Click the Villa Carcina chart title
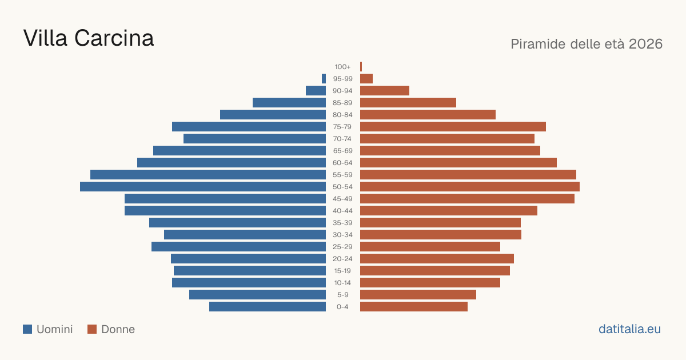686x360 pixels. [89, 38]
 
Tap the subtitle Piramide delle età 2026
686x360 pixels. [587, 44]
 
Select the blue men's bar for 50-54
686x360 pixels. [203, 187]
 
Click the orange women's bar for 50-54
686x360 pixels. [470, 187]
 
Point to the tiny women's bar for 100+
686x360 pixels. [361, 67]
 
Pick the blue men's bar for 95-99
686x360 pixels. [324, 79]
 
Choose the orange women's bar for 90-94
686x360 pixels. [385, 91]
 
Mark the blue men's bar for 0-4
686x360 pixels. [268, 307]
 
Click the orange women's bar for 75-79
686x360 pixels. [453, 127]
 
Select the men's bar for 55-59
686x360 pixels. [208, 175]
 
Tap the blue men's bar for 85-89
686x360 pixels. [289, 102]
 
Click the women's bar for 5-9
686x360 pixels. [418, 295]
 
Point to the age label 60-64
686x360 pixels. [342, 163]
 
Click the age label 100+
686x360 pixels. [342, 67]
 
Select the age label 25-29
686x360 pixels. [342, 247]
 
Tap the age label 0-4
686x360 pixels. [342, 307]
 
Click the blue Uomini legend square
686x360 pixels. [27, 329]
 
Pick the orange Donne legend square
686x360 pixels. [92, 329]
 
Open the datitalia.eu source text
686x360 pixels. [629, 329]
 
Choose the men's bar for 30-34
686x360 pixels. [245, 235]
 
